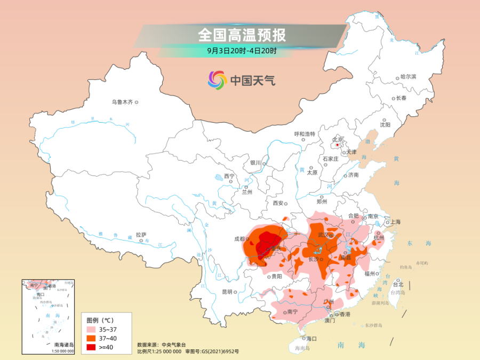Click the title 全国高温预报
click(242, 35)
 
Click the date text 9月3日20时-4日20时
click(242, 51)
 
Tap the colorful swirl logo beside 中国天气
click(217, 81)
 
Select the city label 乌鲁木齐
click(122, 102)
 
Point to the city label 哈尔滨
click(408, 77)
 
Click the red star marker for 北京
click(337, 144)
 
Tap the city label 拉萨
click(141, 234)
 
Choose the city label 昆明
click(227, 292)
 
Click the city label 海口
click(311, 338)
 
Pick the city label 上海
click(395, 222)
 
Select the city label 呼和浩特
click(305, 134)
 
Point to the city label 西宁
click(229, 175)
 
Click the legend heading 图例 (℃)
click(100, 320)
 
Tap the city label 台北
click(398, 284)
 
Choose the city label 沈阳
click(385, 124)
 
